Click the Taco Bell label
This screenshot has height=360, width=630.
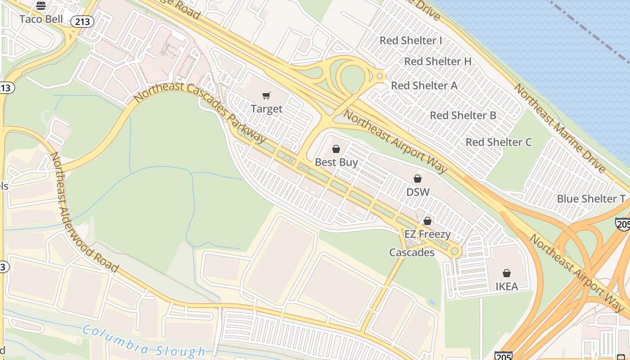(x=41, y=19)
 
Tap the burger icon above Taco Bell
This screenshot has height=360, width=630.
(x=41, y=6)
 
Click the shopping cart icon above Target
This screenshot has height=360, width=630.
(x=266, y=95)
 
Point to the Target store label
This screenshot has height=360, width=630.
(x=266, y=109)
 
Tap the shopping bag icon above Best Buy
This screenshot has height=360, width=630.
(x=336, y=149)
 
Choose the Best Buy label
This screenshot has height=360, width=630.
(x=336, y=162)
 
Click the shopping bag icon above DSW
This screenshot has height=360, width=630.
(x=418, y=179)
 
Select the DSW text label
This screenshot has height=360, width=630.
(x=418, y=192)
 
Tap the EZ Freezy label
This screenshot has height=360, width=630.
(x=427, y=234)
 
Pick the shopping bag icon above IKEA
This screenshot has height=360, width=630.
(x=507, y=273)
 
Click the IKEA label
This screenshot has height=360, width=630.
(x=507, y=286)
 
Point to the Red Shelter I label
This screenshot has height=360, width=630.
(x=410, y=40)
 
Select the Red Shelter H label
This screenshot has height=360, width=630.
(x=437, y=62)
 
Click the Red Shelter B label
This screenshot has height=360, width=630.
(x=463, y=115)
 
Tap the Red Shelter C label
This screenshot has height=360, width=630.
(x=499, y=142)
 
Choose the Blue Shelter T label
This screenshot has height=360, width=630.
(x=591, y=199)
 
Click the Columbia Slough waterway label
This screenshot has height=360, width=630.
(x=144, y=342)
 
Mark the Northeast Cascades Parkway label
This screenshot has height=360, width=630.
(x=200, y=115)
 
